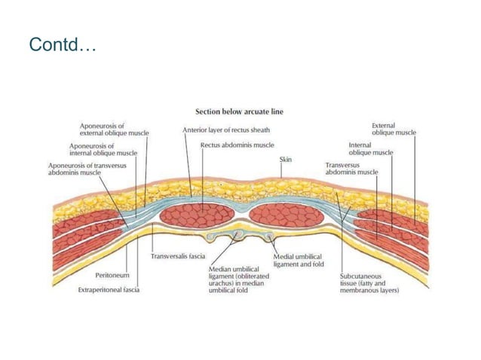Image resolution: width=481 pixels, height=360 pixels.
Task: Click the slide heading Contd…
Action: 63,45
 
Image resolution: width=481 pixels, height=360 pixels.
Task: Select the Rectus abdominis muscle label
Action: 237,144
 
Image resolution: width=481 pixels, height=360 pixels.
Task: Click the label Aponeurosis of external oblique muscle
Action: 114,129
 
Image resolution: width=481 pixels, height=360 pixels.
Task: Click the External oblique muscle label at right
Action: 394,129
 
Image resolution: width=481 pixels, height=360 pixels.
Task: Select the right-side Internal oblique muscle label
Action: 370,148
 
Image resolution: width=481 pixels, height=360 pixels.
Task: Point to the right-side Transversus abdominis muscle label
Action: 351,168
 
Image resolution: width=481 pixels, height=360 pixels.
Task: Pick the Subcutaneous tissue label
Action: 369,282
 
